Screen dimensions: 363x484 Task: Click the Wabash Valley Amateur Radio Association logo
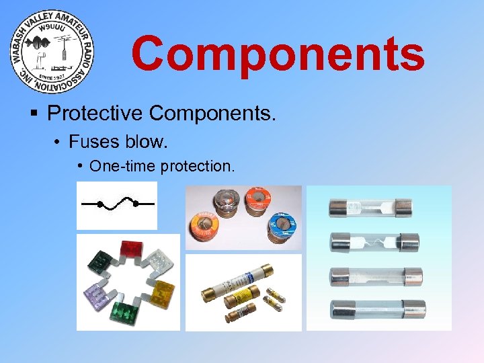tap(52, 52)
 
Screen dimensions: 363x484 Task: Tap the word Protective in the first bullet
tap(95, 113)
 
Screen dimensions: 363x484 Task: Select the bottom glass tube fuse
tap(377, 309)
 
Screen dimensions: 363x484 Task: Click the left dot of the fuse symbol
tap(100, 203)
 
